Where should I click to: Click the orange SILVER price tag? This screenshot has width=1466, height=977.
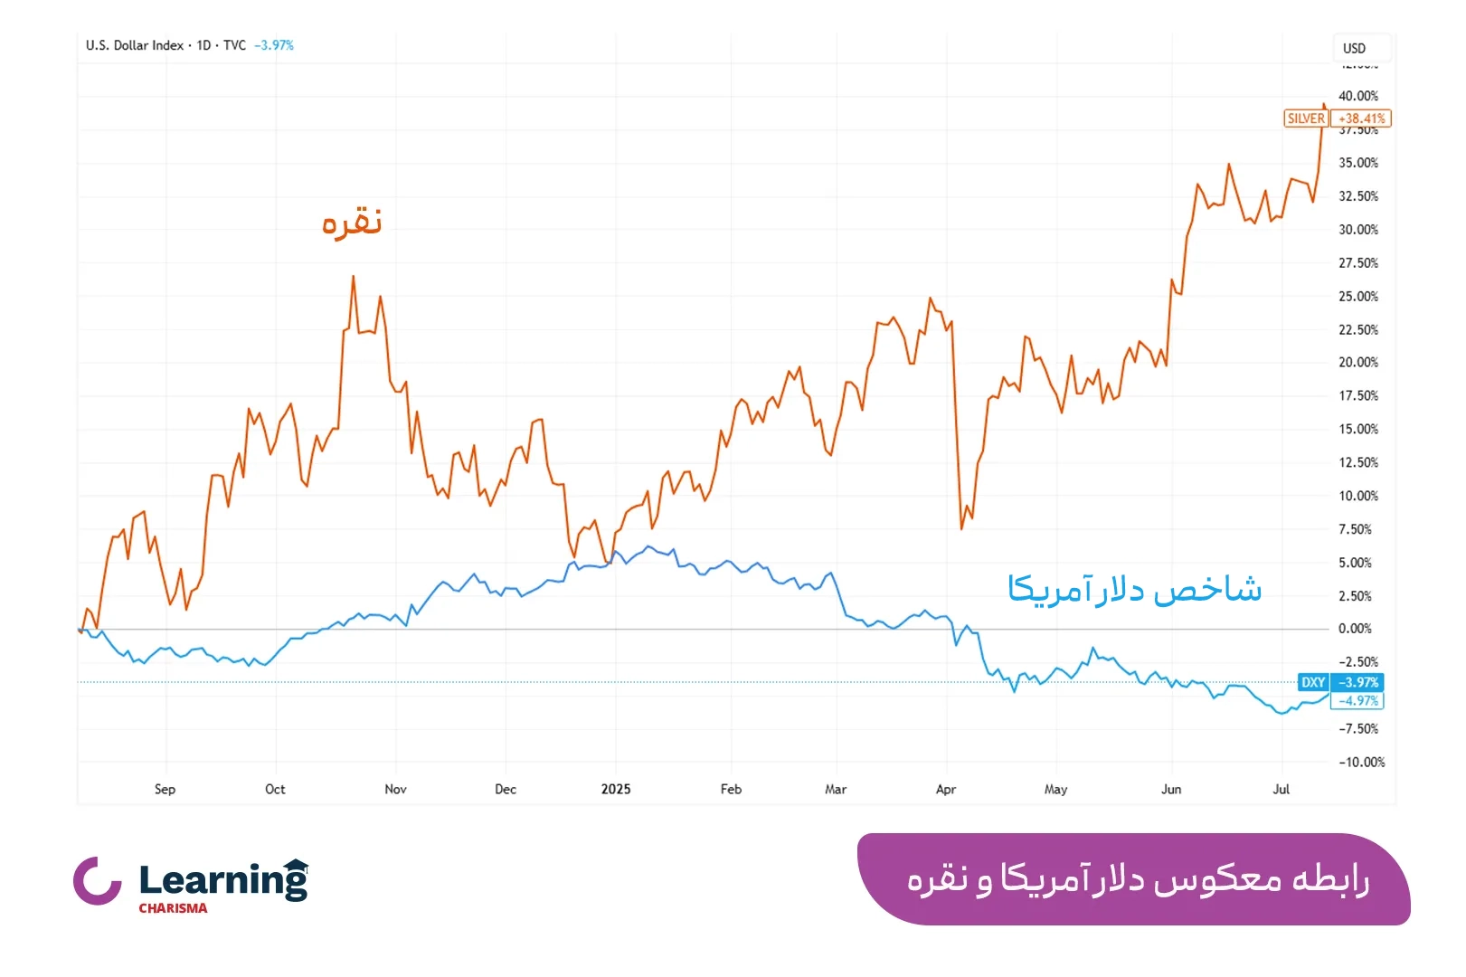[x=1306, y=119]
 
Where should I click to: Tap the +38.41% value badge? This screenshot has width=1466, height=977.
[x=1361, y=119]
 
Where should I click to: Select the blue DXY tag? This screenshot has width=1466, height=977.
[x=1312, y=682]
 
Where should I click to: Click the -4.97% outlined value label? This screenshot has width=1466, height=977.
[x=1357, y=701]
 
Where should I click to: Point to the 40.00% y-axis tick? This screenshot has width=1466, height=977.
[x=1357, y=96]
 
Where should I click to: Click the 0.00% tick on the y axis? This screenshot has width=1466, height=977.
[x=1354, y=629]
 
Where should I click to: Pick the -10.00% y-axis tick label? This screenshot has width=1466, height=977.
[x=1361, y=763]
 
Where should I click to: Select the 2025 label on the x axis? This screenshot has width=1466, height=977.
[x=616, y=789]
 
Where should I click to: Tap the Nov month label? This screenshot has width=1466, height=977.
[x=395, y=789]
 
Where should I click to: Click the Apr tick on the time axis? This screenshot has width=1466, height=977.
[x=946, y=789]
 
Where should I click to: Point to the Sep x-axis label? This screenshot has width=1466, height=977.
[x=165, y=789]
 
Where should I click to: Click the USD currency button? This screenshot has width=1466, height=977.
[x=1354, y=48]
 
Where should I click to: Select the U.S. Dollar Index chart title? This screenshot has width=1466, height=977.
[x=135, y=45]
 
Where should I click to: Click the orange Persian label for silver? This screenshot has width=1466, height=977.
[x=352, y=223]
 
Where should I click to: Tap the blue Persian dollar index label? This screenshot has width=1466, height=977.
[x=1134, y=590]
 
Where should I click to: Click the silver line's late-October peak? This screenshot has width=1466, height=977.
[x=353, y=277]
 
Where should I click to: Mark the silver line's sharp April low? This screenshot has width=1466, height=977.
[x=961, y=528]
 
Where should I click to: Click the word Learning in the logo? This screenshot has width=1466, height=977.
[x=222, y=880]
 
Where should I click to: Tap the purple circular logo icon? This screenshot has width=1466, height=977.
[x=97, y=881]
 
